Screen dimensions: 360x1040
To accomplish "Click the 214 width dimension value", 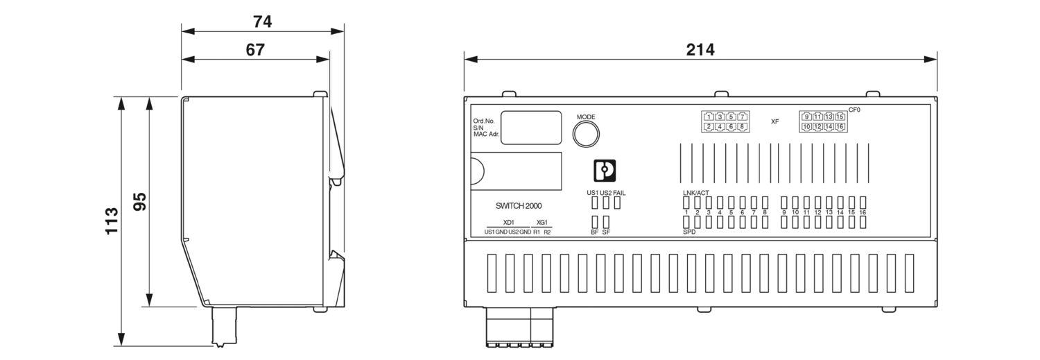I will click(x=700, y=49).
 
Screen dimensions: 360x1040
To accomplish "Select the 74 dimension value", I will click(x=262, y=22).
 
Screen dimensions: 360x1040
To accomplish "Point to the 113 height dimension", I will click(x=112, y=221).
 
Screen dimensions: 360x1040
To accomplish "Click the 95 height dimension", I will click(x=139, y=201).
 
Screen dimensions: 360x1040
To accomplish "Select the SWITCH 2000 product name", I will click(x=519, y=206).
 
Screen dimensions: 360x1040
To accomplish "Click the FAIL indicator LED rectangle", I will click(x=617, y=203).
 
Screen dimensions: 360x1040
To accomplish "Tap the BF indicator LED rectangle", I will click(x=595, y=222).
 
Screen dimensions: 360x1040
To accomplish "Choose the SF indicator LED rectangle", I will click(x=606, y=222).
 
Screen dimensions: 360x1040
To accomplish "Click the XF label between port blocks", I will click(x=775, y=121).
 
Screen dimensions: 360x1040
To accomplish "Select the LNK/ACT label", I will click(x=695, y=192).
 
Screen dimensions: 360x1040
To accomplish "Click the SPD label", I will click(x=688, y=232).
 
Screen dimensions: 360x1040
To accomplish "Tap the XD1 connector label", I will click(x=508, y=223).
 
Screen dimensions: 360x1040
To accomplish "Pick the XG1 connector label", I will click(x=542, y=223).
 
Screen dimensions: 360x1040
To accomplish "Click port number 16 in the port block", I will click(x=840, y=127).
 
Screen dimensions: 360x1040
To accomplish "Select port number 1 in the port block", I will click(x=709, y=117).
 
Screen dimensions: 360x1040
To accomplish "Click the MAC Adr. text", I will click(x=487, y=134).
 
